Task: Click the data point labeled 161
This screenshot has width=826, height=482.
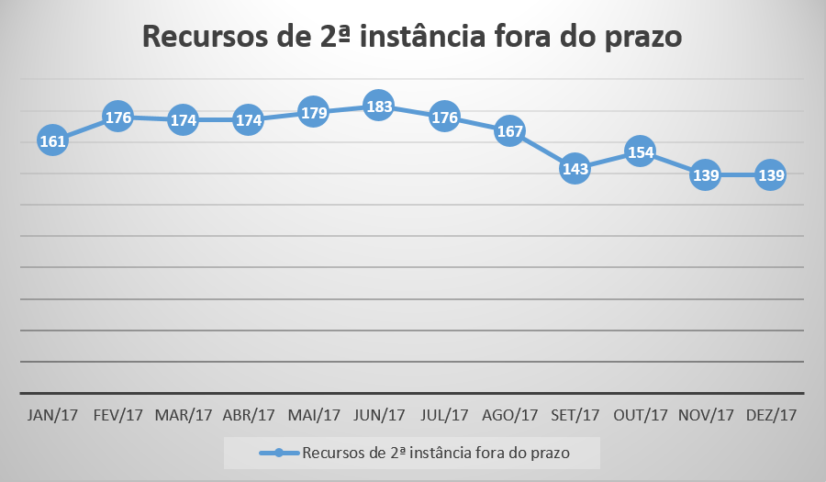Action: coord(53,141)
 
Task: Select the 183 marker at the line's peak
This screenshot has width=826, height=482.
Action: coord(379,106)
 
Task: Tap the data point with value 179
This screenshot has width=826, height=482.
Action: coord(314,113)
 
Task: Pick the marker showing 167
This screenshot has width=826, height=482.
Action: coord(509,131)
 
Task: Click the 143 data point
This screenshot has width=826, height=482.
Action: coord(575,169)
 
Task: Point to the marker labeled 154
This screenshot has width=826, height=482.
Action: coord(640,151)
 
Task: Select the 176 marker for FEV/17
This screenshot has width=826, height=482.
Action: coord(118,118)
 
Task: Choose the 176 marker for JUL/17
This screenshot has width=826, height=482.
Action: coord(444,118)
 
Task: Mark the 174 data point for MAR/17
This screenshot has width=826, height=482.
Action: coord(184,120)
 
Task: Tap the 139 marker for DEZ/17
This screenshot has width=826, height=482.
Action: coord(770,174)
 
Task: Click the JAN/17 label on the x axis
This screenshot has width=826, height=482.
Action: coord(53,415)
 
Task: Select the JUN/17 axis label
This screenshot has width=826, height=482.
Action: coord(379,415)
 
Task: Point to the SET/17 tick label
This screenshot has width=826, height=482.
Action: coord(575,415)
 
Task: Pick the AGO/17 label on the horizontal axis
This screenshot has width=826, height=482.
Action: coord(509,415)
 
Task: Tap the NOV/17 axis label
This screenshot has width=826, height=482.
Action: coord(705,415)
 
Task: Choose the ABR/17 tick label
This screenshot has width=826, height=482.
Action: coord(249,415)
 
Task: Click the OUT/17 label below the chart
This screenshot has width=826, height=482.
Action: coord(640,415)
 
